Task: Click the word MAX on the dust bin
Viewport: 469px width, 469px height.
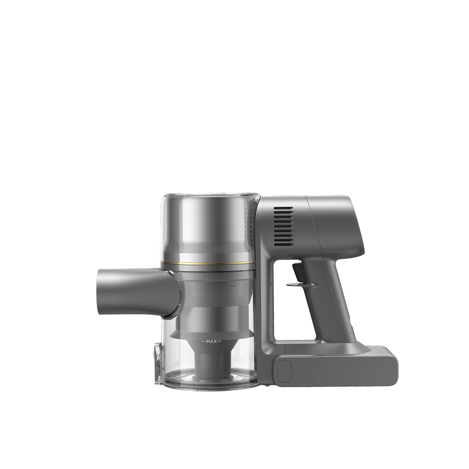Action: (211, 341)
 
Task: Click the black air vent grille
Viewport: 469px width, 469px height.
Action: (283, 227)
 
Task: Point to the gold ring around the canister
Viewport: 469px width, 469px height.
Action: (208, 264)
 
